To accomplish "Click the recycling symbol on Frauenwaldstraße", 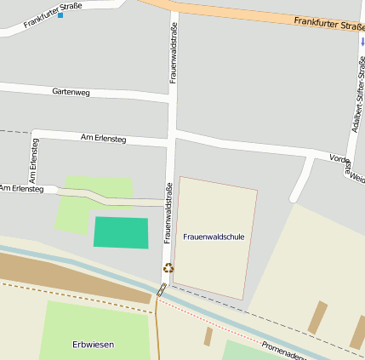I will tap(168, 268).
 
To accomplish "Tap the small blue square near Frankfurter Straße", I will tap(60, 15).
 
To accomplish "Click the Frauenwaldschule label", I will tap(214, 236).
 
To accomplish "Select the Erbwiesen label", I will tap(93, 344).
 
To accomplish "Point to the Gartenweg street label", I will tap(71, 91).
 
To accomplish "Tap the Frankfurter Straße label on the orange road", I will tap(328, 24).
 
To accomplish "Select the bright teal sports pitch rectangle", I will tap(120, 232).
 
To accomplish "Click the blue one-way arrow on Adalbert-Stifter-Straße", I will tap(362, 41).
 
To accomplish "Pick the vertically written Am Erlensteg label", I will tap(33, 160).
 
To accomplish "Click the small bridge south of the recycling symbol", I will tap(161, 290).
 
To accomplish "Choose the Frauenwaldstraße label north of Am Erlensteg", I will tap(174, 52).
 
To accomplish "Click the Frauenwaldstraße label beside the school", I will tap(168, 214).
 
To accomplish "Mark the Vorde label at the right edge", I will tap(340, 158).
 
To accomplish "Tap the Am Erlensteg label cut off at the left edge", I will tap(21, 188).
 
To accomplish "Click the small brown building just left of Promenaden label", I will tap(208, 336).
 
